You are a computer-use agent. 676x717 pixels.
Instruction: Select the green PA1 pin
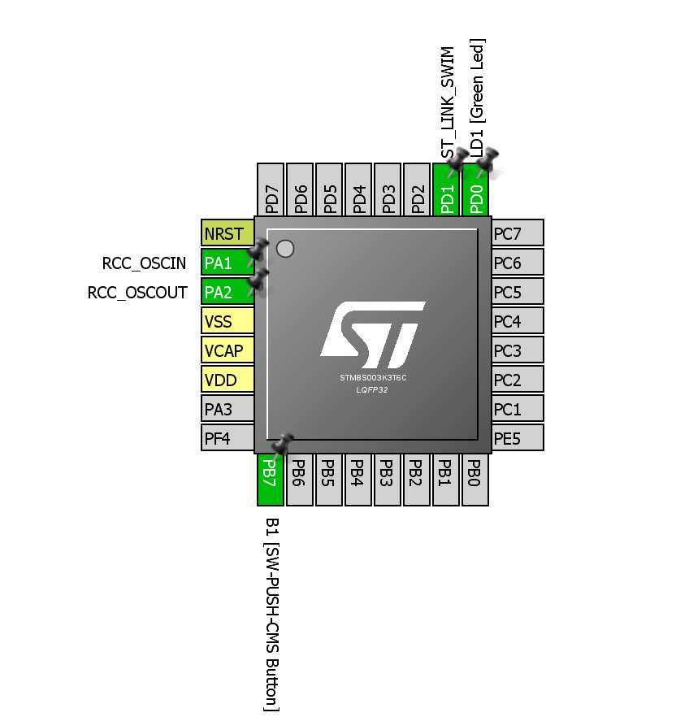(x=223, y=263)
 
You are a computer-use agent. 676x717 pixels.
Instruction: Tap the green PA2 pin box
(x=223, y=292)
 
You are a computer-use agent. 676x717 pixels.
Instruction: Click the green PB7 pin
(x=270, y=480)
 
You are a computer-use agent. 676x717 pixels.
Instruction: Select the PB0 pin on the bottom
(x=474, y=480)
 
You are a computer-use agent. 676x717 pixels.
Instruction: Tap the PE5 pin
(x=518, y=438)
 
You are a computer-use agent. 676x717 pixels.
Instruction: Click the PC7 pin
(x=518, y=233)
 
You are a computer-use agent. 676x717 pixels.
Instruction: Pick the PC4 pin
(x=518, y=321)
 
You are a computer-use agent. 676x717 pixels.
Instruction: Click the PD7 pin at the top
(x=271, y=190)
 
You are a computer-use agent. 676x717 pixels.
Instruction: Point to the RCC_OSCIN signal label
(x=144, y=263)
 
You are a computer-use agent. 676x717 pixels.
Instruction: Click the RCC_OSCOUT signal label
(x=137, y=293)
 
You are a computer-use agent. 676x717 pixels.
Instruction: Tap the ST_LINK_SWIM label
(x=448, y=102)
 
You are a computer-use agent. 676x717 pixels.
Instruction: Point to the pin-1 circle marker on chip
(x=285, y=249)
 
